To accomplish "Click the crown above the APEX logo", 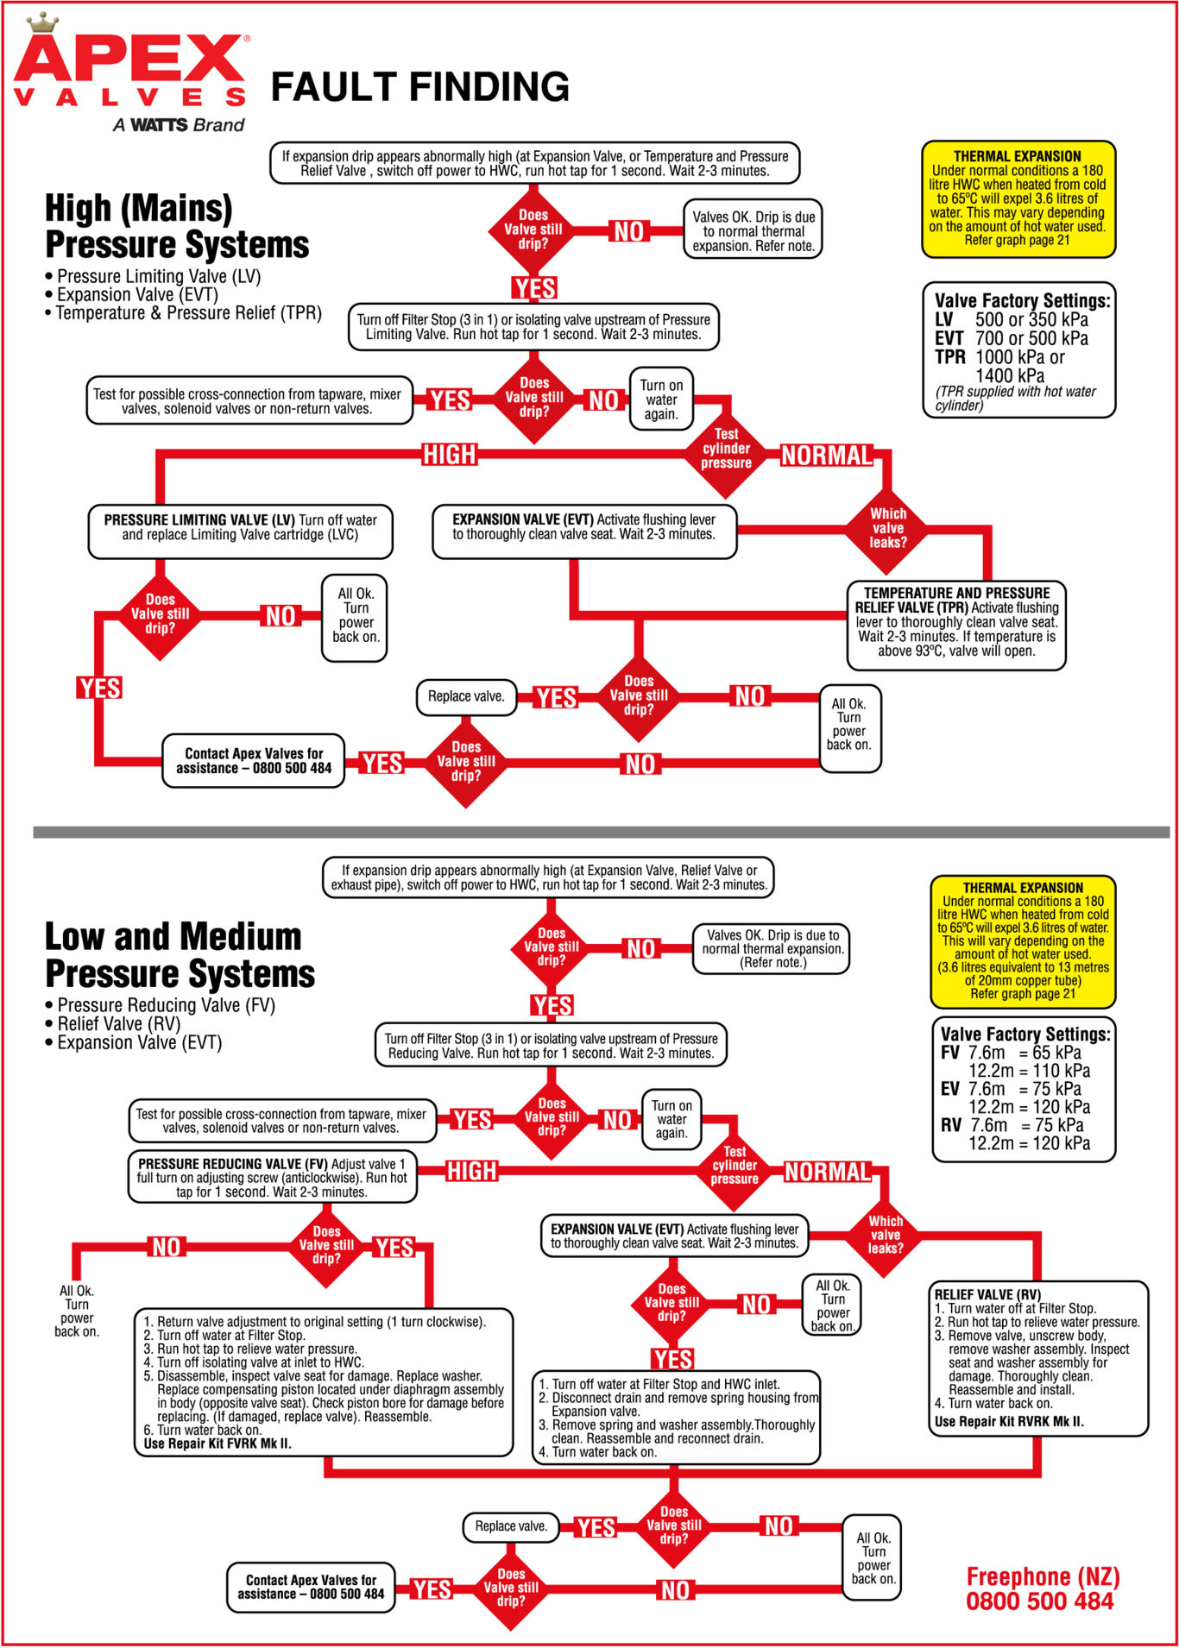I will pos(41,22).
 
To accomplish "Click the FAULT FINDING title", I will pos(420,87).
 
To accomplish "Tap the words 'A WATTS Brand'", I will pos(179,125).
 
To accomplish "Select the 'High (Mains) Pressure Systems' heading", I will pos(176,226).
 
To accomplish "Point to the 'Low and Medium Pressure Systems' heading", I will pos(180,955).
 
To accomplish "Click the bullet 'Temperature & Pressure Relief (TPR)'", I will pos(188,313).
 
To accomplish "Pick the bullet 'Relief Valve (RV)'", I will pos(118,1024).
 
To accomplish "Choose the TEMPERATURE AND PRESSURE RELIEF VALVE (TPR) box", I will pos(956,622).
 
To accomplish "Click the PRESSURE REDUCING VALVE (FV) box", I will pos(272,1178).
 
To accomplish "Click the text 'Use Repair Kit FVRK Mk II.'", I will pos(218,1444).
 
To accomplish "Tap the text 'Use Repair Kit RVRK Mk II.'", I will pos(1009,1422).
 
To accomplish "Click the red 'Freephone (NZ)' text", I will pos(1043,1577).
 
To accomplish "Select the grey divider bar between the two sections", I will pos(601,833).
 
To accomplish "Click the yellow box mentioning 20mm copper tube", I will pos(1023,941).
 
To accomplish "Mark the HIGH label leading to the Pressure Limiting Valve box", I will pos(449,455).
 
